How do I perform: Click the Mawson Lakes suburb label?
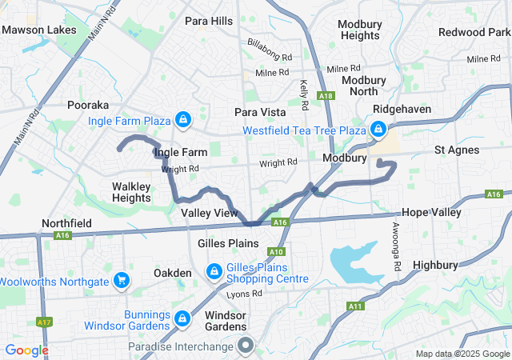pos(39,30)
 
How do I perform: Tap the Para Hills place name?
pos(209,20)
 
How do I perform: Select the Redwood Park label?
pos(474,32)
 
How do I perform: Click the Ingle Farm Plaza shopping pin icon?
pos(184,120)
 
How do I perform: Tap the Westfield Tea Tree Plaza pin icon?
pos(377,129)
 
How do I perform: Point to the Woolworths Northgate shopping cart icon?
pos(122,280)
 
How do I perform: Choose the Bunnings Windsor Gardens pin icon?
pos(182,318)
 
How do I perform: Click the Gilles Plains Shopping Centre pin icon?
pos(214,272)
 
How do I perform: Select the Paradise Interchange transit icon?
pos(246,346)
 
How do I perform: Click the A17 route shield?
pos(44,322)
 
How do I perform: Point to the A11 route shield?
pos(355,306)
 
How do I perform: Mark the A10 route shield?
pos(275,251)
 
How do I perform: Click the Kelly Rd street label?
pos(304,94)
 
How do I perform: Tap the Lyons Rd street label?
pos(244,294)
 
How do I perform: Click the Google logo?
pos(26,350)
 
